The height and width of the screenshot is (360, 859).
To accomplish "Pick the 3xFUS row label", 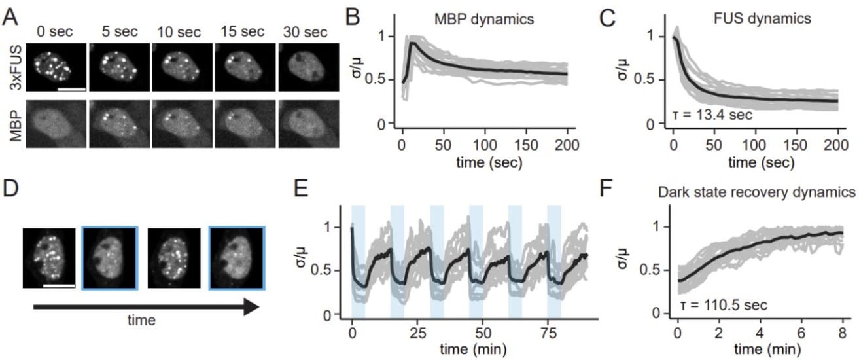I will [11, 68].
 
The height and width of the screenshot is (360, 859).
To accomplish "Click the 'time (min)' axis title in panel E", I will [470, 348].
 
